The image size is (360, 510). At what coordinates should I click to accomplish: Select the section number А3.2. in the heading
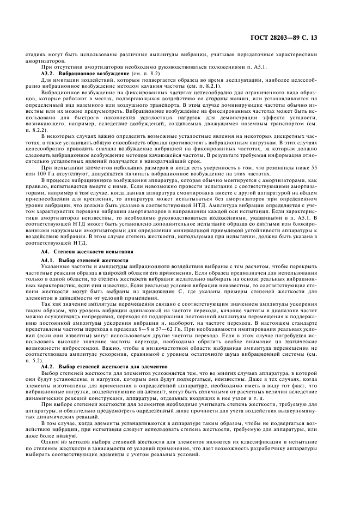tap(50, 72)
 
